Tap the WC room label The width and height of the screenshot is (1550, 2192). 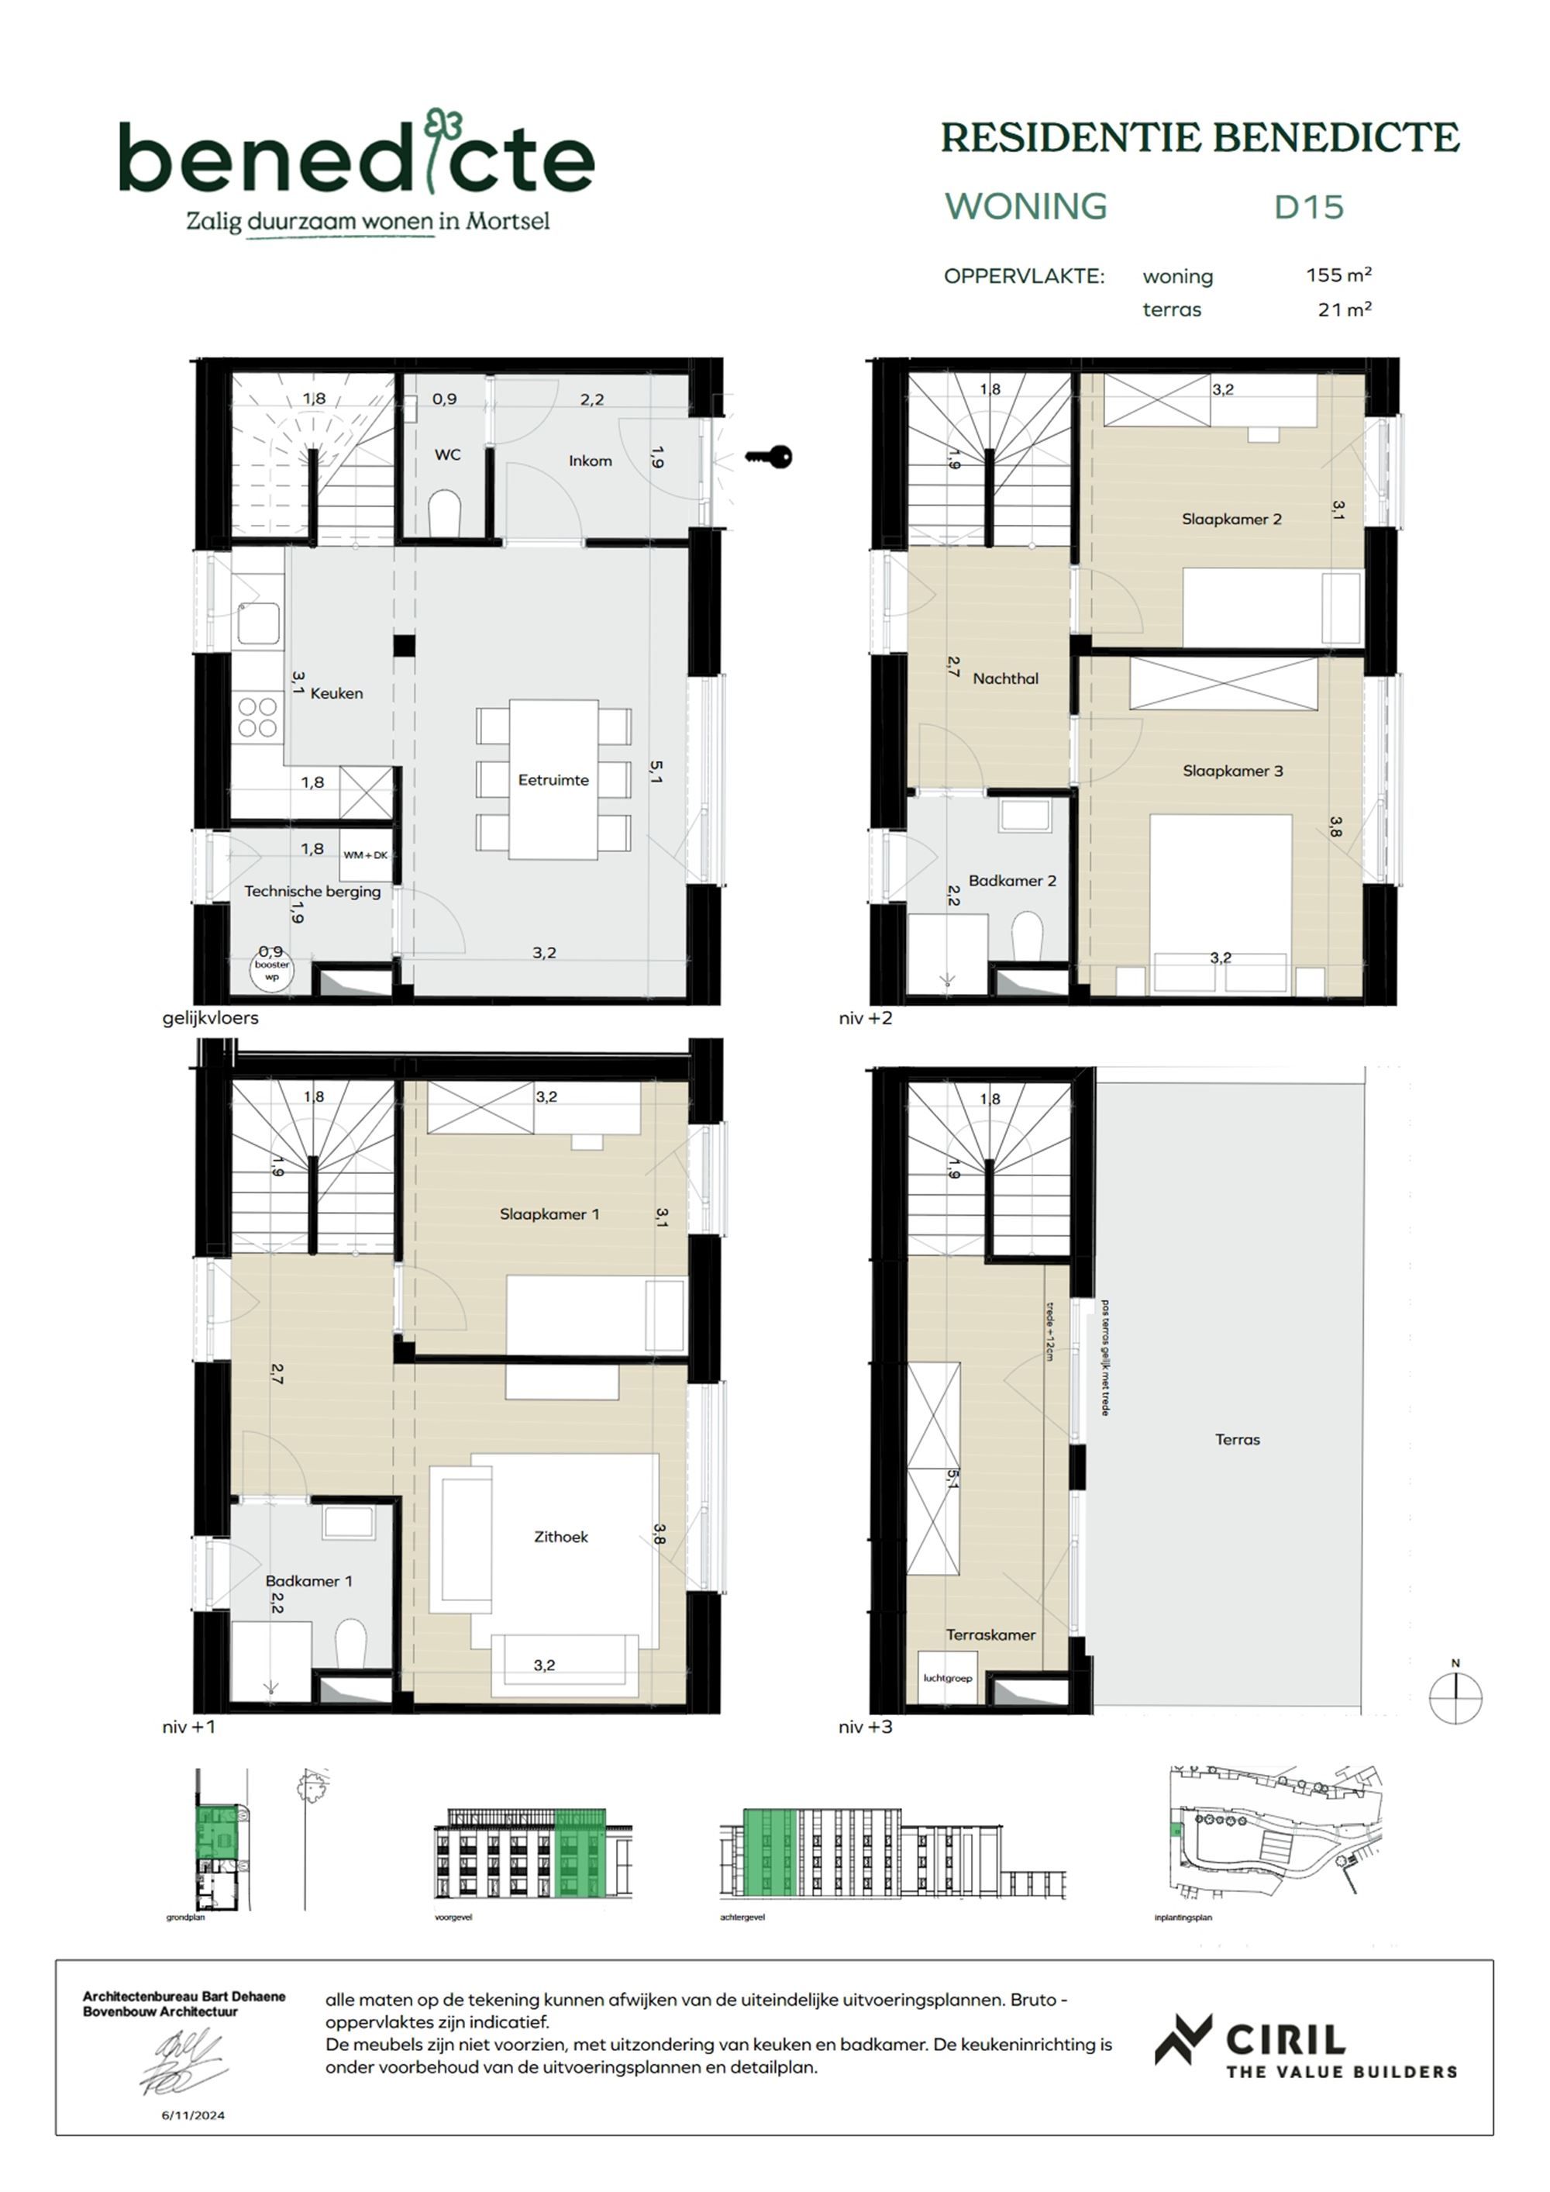tap(448, 454)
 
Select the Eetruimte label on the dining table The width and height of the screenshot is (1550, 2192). tap(553, 780)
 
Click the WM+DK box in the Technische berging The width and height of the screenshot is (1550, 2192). tap(366, 854)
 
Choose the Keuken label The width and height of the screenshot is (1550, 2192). tap(337, 693)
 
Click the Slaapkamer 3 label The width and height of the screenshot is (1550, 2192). tap(1232, 771)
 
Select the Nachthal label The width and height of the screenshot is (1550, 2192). tap(1005, 678)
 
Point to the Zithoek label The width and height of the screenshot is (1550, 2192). tap(561, 1536)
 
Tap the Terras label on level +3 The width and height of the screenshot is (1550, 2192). tap(1237, 1439)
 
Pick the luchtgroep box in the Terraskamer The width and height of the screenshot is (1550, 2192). tap(947, 1677)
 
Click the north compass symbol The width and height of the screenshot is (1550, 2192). tap(1455, 1697)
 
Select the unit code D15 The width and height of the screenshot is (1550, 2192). tap(1308, 207)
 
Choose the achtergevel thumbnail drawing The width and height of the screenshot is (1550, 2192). tap(891, 1852)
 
